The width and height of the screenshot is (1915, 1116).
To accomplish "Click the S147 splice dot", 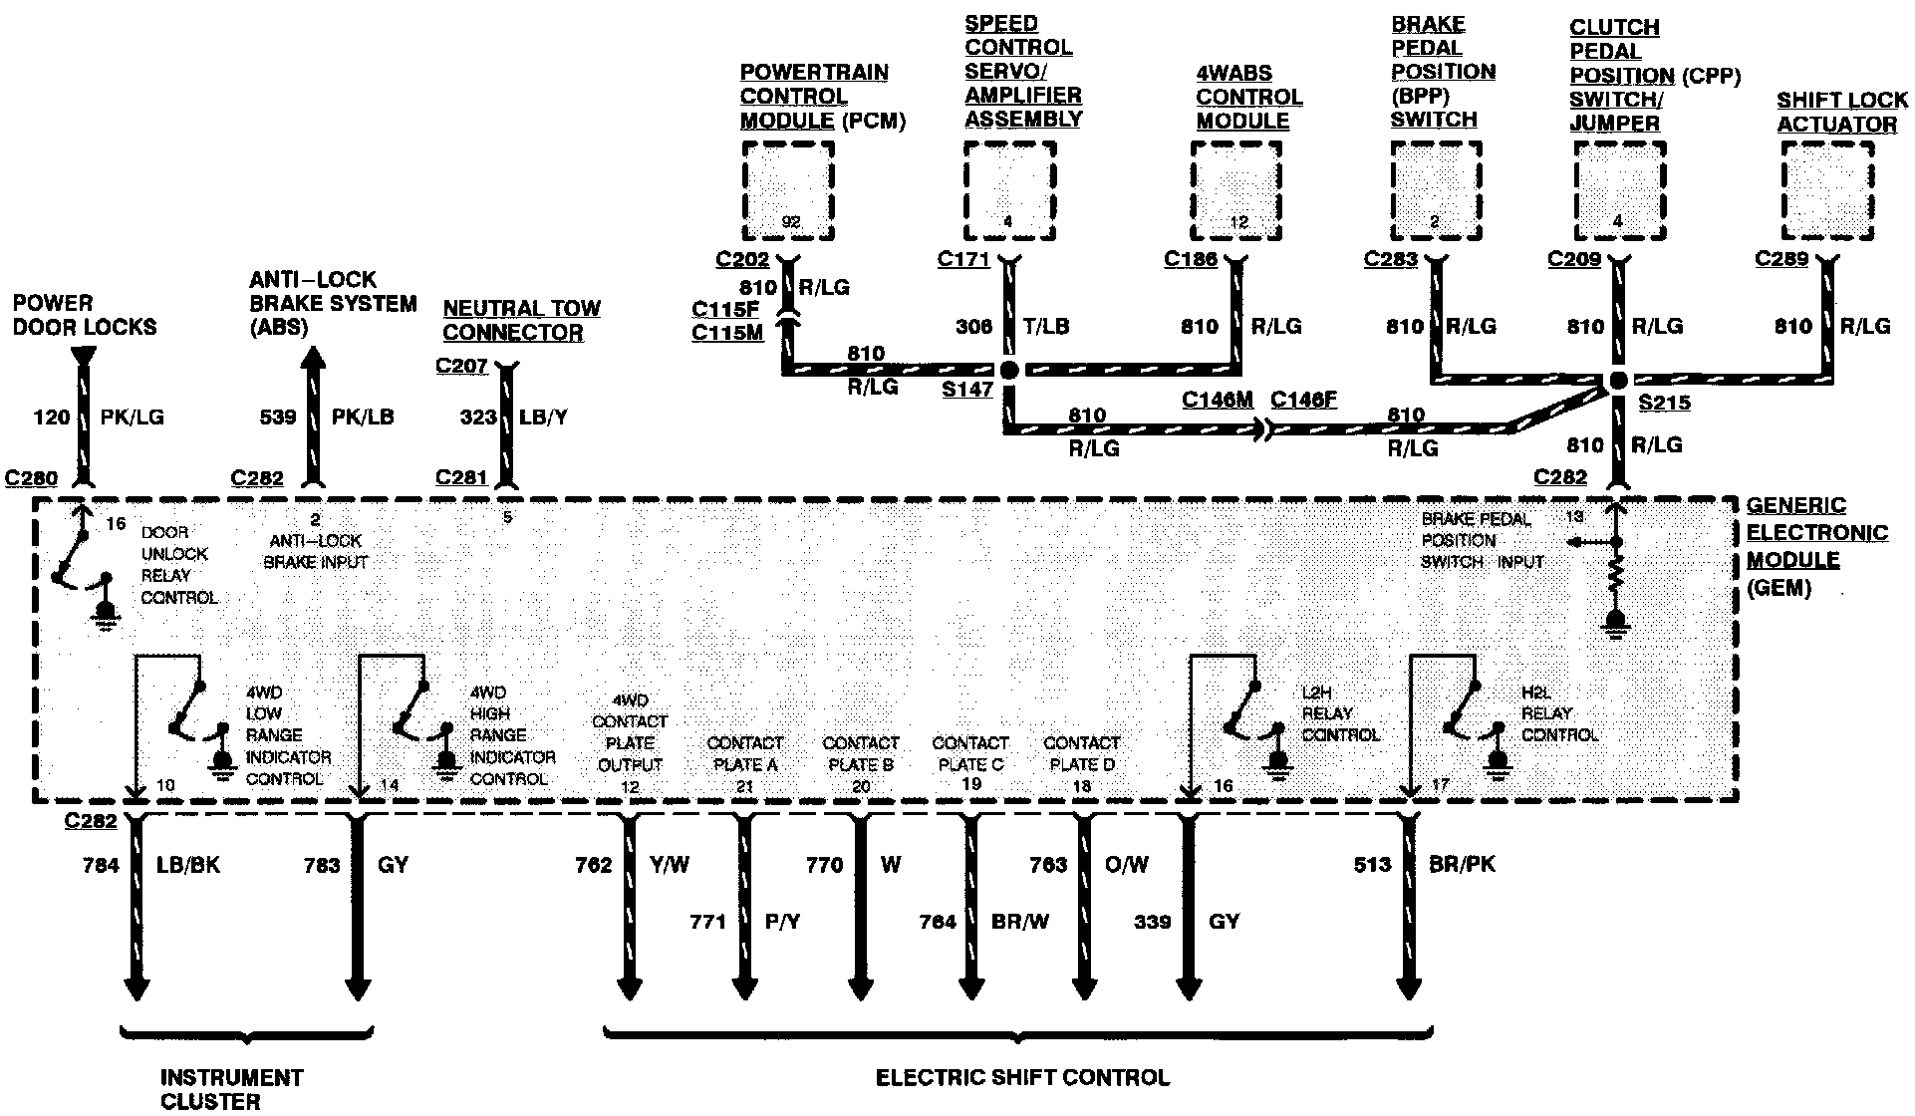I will tap(1009, 370).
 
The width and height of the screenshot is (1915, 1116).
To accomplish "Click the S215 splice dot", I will tap(1618, 381).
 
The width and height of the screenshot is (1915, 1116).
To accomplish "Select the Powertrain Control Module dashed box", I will tap(788, 190).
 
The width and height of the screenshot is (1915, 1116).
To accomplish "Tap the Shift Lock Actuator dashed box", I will tap(1826, 190).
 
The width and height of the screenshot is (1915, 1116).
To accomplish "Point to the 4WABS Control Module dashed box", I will tap(1237, 190).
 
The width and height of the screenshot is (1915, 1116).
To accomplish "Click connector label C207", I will tap(461, 366).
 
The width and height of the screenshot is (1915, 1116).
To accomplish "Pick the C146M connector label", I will tap(1217, 400).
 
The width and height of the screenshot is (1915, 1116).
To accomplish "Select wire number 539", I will tap(278, 417).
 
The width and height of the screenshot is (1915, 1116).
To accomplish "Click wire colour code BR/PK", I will tap(1462, 865).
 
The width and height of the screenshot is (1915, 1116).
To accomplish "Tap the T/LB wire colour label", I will tap(1047, 326).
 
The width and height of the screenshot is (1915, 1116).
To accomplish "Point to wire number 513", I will tap(1372, 865).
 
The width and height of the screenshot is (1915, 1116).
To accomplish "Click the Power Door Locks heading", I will tap(85, 315).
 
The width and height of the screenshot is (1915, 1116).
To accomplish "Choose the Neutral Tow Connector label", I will tap(521, 320).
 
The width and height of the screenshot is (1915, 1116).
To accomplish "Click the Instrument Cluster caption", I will tap(231, 1088).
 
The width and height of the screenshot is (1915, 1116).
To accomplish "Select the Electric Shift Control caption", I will tap(1022, 1077).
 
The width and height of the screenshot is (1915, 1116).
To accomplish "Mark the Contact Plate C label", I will tap(969, 754).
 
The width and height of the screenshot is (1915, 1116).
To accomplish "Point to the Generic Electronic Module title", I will tap(1815, 546).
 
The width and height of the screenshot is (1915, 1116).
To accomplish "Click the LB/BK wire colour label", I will tap(188, 865).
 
